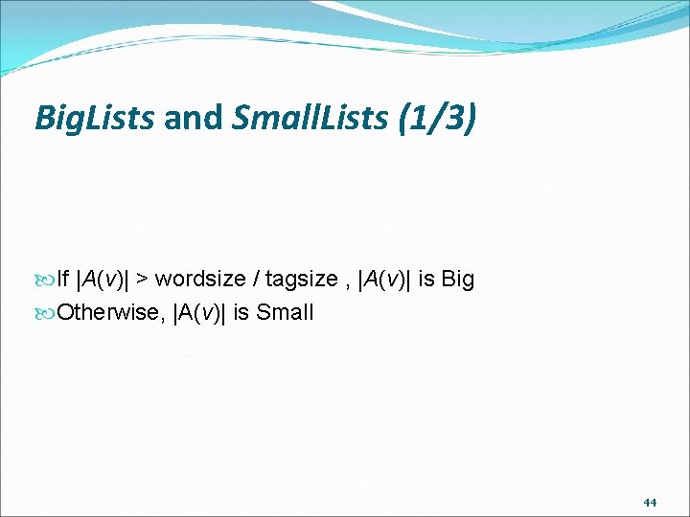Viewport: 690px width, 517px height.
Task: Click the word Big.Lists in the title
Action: coord(94,119)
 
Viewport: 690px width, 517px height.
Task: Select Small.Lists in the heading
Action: coord(308,119)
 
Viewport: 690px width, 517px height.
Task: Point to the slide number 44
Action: coord(650,502)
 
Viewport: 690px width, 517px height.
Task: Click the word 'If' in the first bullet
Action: coord(63,280)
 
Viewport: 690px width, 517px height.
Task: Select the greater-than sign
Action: coord(141,280)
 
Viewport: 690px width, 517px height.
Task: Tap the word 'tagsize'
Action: coord(301,280)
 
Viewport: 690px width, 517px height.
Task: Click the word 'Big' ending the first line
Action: coord(457,280)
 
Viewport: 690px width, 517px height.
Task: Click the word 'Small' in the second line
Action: coord(287,313)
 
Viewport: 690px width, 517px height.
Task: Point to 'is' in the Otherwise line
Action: coord(240,313)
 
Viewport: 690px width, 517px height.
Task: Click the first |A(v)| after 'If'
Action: coord(103,280)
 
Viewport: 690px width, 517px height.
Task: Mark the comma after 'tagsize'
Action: coord(344,283)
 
